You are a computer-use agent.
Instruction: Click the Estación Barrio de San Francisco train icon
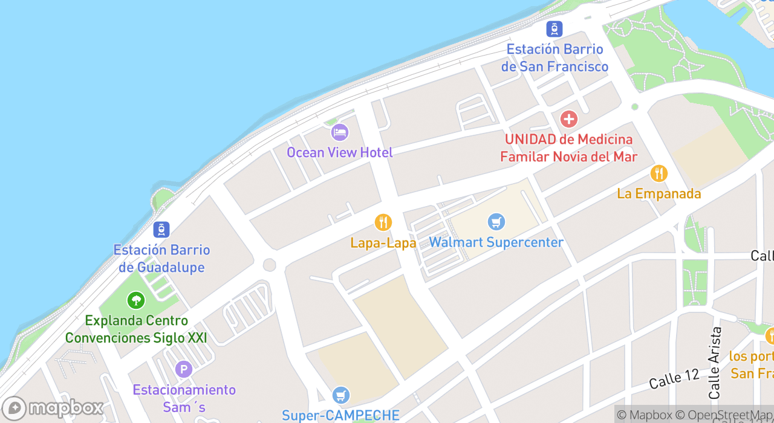tap(554, 28)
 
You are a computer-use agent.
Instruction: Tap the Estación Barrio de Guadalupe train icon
tap(161, 230)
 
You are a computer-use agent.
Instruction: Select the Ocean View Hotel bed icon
tap(340, 132)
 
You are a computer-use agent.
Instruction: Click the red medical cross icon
tap(568, 118)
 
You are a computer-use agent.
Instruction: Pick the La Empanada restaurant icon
tap(659, 173)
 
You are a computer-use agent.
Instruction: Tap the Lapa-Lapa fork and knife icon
tap(383, 222)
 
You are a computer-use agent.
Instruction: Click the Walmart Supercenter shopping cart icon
tap(496, 222)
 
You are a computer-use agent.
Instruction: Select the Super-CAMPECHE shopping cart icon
tap(341, 395)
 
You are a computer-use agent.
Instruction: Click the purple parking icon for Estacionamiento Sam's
tap(183, 369)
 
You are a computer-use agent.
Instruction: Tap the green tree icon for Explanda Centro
tap(135, 300)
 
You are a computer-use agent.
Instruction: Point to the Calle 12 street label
tap(674, 379)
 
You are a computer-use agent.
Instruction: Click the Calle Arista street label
tap(715, 363)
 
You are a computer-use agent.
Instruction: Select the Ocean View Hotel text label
tap(340, 152)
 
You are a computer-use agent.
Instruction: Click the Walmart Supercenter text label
tap(496, 242)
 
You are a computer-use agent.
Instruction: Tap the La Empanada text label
tap(659, 194)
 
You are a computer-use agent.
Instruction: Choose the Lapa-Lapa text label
tap(383, 243)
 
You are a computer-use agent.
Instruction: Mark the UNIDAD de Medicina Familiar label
tap(568, 148)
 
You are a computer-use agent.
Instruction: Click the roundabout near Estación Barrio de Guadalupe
tap(270, 265)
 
